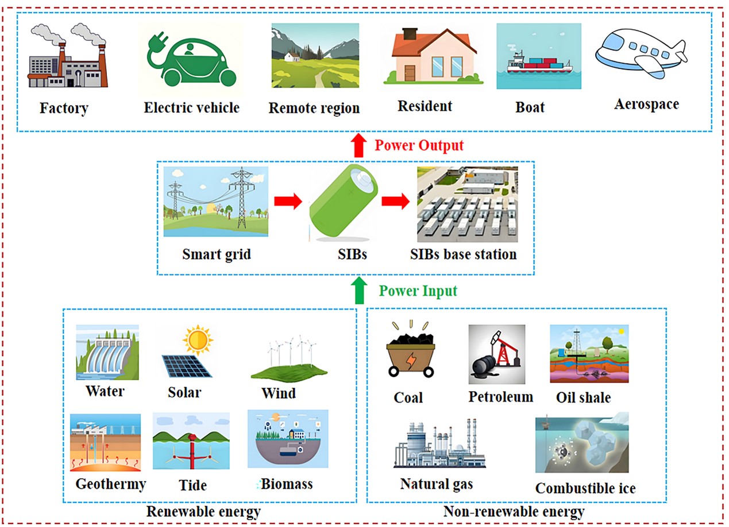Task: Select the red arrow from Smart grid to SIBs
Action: click(x=287, y=201)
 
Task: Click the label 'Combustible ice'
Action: click(x=585, y=488)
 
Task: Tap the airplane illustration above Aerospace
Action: click(x=641, y=54)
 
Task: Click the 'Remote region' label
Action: click(x=314, y=108)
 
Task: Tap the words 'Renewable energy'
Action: click(x=203, y=511)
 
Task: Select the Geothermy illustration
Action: click(x=106, y=442)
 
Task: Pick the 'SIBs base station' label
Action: click(x=464, y=254)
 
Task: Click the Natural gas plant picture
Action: click(x=439, y=444)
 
